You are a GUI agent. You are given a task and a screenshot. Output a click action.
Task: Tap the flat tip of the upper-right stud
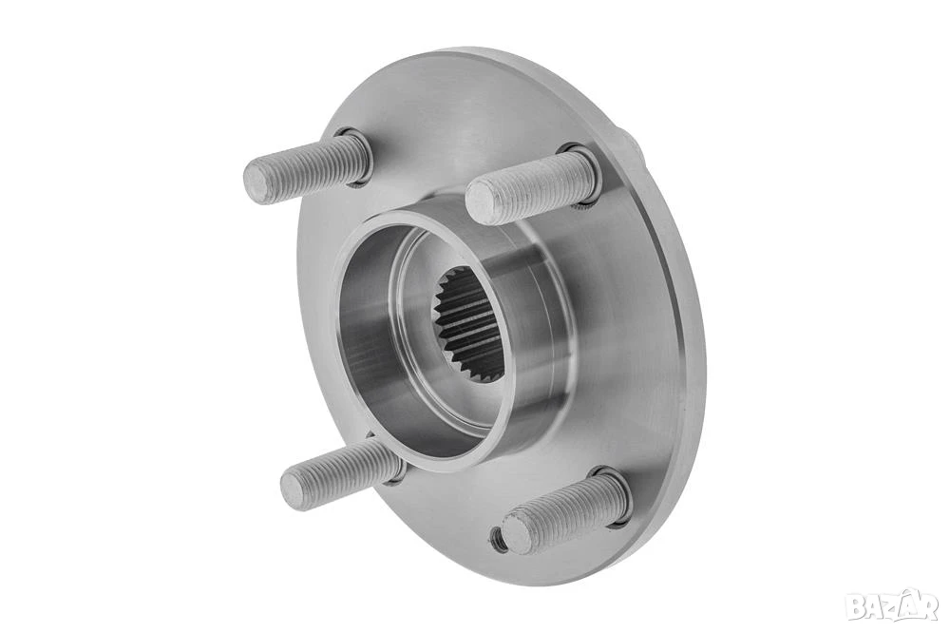click(482, 201)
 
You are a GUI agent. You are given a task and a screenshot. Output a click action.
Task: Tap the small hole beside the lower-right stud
click(498, 535)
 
